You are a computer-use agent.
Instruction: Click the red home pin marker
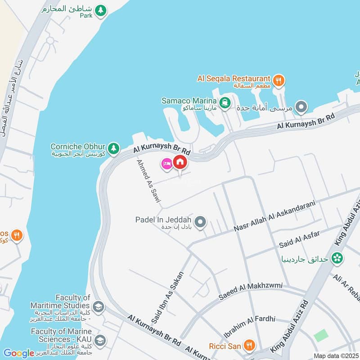pyautogui.click(x=180, y=162)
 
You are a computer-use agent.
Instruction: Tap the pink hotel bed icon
pyautogui.click(x=166, y=164)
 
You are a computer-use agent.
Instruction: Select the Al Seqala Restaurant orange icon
pyautogui.click(x=279, y=81)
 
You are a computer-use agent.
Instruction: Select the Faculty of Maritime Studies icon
pyautogui.click(x=99, y=308)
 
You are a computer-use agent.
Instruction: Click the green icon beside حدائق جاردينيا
pyautogui.click(x=337, y=258)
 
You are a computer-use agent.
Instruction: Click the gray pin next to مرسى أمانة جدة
pyautogui.click(x=302, y=107)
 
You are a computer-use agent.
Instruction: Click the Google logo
pyautogui.click(x=18, y=353)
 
